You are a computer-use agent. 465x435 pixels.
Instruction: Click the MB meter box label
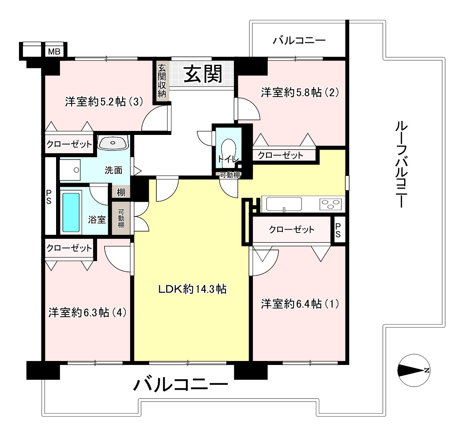click(54, 52)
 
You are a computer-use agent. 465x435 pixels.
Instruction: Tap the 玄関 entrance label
click(203, 74)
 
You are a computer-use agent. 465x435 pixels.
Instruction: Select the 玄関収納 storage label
click(161, 81)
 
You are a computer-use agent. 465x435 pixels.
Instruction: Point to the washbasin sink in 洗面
click(113, 143)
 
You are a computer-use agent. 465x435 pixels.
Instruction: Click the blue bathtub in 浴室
click(71, 213)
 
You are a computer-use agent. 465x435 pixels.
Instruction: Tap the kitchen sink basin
click(284, 204)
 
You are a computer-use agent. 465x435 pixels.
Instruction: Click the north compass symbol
click(414, 370)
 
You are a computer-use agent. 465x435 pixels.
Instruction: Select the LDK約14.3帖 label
click(193, 289)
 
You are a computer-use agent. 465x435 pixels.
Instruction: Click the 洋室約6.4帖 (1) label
click(300, 304)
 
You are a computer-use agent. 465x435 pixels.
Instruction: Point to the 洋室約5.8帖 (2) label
click(300, 93)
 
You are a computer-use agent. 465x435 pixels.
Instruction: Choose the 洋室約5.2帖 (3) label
click(104, 102)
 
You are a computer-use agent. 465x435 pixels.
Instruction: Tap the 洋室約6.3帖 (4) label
click(88, 312)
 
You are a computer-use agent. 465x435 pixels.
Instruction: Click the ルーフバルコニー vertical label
click(401, 165)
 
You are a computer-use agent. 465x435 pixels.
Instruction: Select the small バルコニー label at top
click(299, 40)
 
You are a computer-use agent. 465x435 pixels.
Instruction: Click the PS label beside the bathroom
click(49, 197)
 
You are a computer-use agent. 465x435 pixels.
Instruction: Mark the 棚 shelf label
click(121, 193)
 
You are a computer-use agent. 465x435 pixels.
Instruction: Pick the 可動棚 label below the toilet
click(230, 175)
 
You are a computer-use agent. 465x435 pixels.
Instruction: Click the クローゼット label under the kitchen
click(292, 229)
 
